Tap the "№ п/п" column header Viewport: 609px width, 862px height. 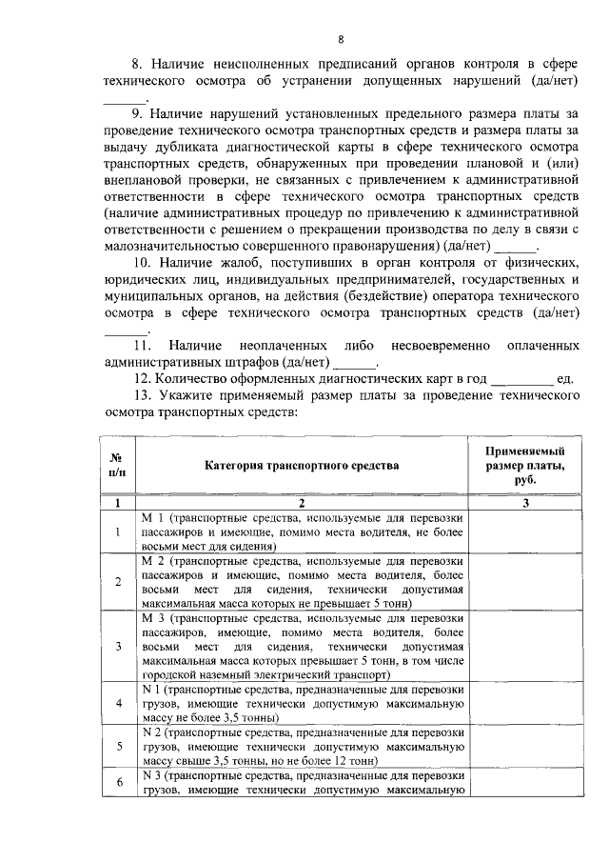[x=117, y=466]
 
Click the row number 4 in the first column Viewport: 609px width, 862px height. [x=117, y=703]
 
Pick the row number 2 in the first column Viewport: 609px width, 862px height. [x=117, y=582]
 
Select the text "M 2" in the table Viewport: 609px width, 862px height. [x=151, y=562]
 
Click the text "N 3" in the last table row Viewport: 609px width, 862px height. [x=150, y=776]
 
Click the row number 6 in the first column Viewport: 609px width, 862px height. [x=117, y=783]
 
